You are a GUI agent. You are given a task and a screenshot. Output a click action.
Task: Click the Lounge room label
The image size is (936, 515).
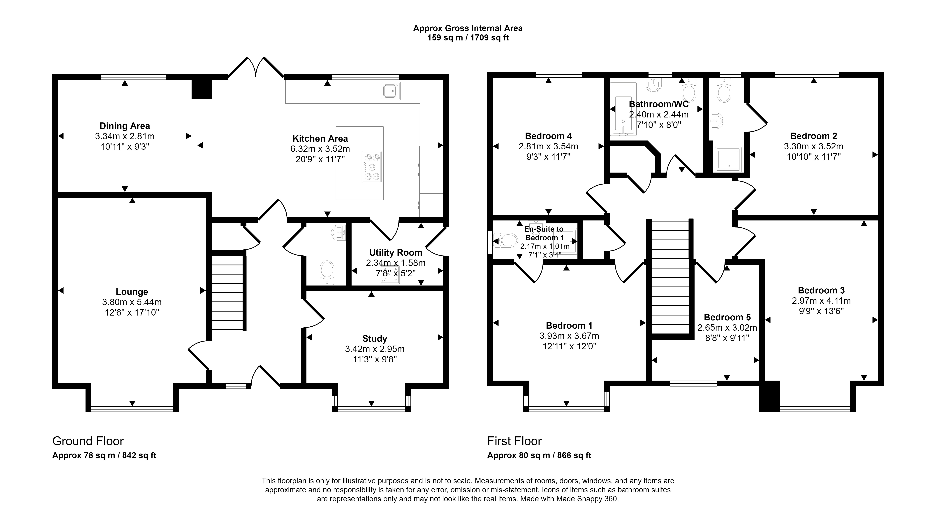[132, 292]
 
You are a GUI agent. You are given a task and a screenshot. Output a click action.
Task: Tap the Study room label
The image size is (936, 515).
[375, 339]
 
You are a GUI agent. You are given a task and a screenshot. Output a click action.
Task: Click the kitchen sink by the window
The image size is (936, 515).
[391, 91]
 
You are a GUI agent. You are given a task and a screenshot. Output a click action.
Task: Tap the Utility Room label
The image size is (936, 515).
[396, 252]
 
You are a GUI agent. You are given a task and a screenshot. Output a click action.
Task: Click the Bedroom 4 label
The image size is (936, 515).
[548, 136]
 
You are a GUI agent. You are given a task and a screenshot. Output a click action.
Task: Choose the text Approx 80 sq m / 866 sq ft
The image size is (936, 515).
[539, 455]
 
